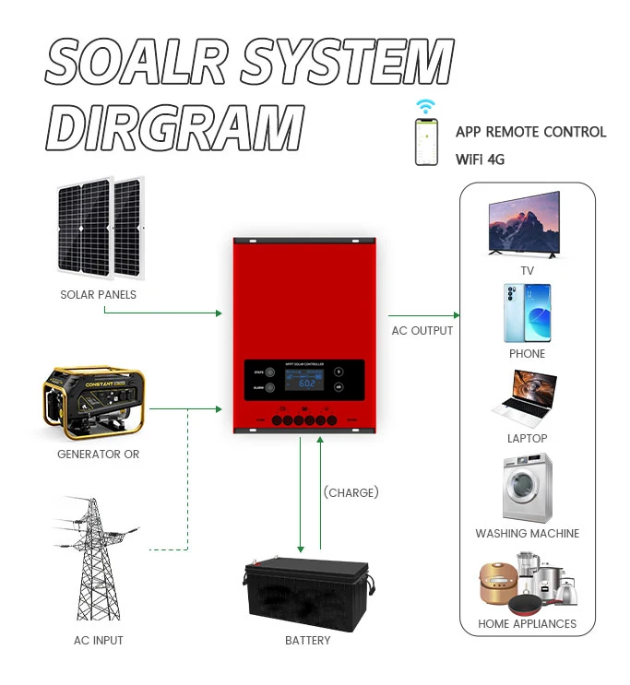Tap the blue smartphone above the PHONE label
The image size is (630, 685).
tap(527, 313)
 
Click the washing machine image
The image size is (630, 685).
tap(528, 487)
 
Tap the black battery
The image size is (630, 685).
tap(307, 596)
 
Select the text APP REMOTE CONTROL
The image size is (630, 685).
tap(530, 132)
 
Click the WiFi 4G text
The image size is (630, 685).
tap(480, 159)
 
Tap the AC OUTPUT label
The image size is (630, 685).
tap(422, 331)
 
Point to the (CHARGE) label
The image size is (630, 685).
tap(351, 492)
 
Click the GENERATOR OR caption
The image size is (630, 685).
tap(98, 455)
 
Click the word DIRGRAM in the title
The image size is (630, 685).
tap(175, 126)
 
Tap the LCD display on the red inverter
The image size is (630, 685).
tap(304, 384)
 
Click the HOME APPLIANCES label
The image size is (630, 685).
tap(527, 624)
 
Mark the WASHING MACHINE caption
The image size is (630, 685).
tap(527, 534)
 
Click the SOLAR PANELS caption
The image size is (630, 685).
tap(98, 295)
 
